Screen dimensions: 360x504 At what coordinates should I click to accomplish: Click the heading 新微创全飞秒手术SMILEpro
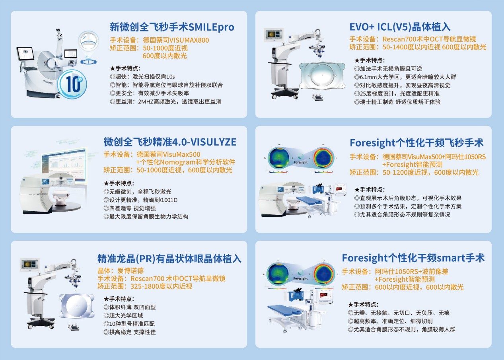click(x=172, y=27)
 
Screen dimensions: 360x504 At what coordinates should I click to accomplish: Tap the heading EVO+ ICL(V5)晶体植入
click(x=400, y=27)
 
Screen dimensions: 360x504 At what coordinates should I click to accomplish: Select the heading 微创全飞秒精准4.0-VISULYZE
click(x=170, y=142)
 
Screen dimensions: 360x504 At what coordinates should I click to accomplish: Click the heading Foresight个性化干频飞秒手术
click(x=416, y=143)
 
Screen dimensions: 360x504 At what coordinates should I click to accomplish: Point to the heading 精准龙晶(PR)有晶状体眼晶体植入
click(x=169, y=259)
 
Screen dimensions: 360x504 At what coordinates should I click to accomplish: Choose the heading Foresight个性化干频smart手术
click(x=413, y=258)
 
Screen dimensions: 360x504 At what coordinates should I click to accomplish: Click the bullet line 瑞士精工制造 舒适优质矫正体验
click(x=397, y=102)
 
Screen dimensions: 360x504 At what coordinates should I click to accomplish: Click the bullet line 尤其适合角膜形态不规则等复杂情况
click(x=402, y=215)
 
